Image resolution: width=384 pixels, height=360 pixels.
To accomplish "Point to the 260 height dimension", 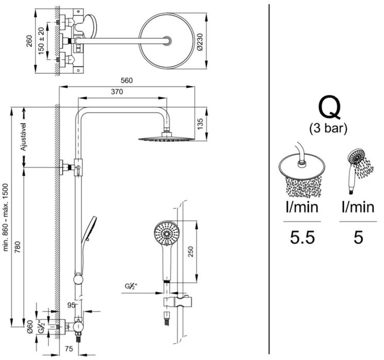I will tap(30, 41).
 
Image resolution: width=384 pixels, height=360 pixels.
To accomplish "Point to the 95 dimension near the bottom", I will tap(72, 305).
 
